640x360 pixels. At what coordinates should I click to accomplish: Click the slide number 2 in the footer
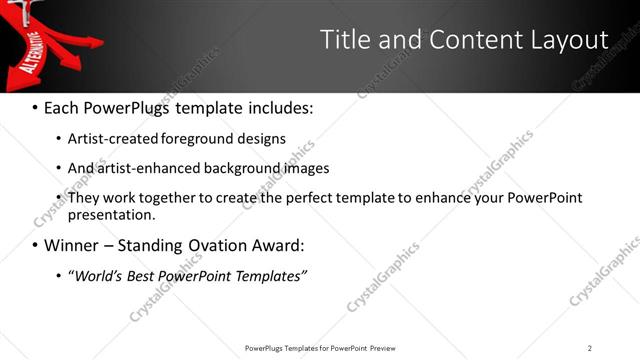pos(589,347)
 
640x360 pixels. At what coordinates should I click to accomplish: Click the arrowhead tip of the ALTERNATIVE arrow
pos(5,87)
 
